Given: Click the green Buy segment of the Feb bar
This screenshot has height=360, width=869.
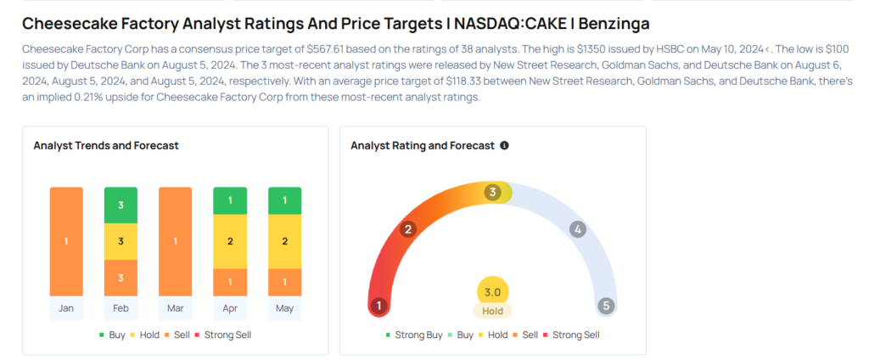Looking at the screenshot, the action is click(x=121, y=205).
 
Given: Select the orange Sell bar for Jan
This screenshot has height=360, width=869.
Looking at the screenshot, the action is click(x=66, y=241).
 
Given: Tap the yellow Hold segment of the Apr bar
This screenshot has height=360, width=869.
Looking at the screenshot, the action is click(x=230, y=241).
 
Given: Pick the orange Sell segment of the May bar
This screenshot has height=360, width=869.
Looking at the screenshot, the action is click(x=285, y=283).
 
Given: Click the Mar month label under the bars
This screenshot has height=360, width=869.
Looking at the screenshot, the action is click(x=175, y=308).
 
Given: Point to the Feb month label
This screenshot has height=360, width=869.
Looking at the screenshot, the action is click(x=121, y=308).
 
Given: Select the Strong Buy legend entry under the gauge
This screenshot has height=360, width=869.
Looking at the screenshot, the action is click(x=414, y=335).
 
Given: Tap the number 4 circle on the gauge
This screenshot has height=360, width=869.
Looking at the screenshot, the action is click(x=577, y=229).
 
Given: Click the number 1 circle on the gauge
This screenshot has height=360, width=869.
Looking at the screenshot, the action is click(x=379, y=306).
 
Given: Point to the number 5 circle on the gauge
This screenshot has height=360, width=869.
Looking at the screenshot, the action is click(x=606, y=306).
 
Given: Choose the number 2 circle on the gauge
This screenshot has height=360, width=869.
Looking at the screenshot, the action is click(x=408, y=229).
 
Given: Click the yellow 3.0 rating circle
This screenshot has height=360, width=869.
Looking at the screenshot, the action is click(x=493, y=292).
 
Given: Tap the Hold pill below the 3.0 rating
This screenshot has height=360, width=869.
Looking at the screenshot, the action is click(x=493, y=312).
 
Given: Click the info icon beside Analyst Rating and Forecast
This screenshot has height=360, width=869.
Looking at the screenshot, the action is click(x=504, y=146).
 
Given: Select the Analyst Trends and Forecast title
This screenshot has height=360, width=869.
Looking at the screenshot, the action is click(x=106, y=146).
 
